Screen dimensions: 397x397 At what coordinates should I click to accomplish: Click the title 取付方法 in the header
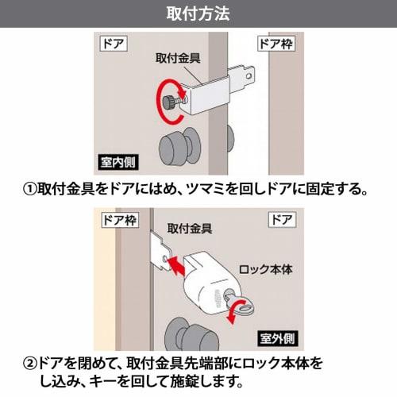pos(198,13)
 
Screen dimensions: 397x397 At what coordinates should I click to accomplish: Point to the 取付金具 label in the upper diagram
pos(178,58)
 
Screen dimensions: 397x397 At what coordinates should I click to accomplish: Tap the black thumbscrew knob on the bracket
pos(172,102)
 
